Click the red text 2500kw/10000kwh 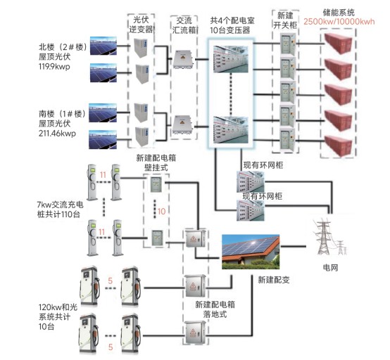pyautogui.click(x=339, y=22)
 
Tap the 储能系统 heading pyautogui.click(x=339, y=12)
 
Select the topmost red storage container pyautogui.click(x=339, y=44)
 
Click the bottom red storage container pyautogui.click(x=339, y=146)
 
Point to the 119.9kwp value pyautogui.click(x=54, y=67)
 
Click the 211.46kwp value pyautogui.click(x=57, y=134)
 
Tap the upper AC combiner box pyautogui.click(x=183, y=59)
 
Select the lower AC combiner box pyautogui.click(x=183, y=124)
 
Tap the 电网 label pyautogui.click(x=330, y=268)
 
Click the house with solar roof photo pyautogui.click(x=251, y=252)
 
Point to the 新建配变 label pyautogui.click(x=274, y=280)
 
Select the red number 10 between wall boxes pyautogui.click(x=161, y=212)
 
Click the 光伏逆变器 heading pyautogui.click(x=141, y=25)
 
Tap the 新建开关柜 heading pyautogui.click(x=285, y=20)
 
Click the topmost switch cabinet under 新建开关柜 pyautogui.click(x=288, y=44)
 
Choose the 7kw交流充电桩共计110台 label pyautogui.click(x=60, y=210)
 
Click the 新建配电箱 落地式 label pyautogui.click(x=215, y=309)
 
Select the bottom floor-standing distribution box pyautogui.click(x=195, y=332)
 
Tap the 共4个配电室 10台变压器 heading pyautogui.click(x=232, y=25)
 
